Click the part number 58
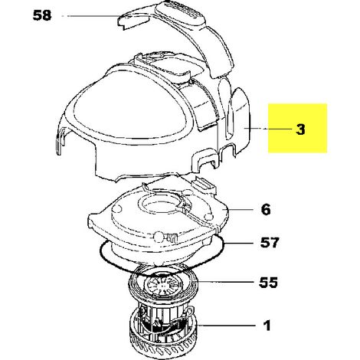point(42,15)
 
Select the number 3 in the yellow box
point(300,129)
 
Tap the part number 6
point(266,210)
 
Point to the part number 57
point(270,243)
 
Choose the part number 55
point(268,283)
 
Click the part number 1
point(267,326)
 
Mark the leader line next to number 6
point(239,210)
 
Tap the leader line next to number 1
point(227,326)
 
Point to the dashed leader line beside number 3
point(268,129)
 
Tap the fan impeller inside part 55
point(163,283)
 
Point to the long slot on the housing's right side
point(230,116)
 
